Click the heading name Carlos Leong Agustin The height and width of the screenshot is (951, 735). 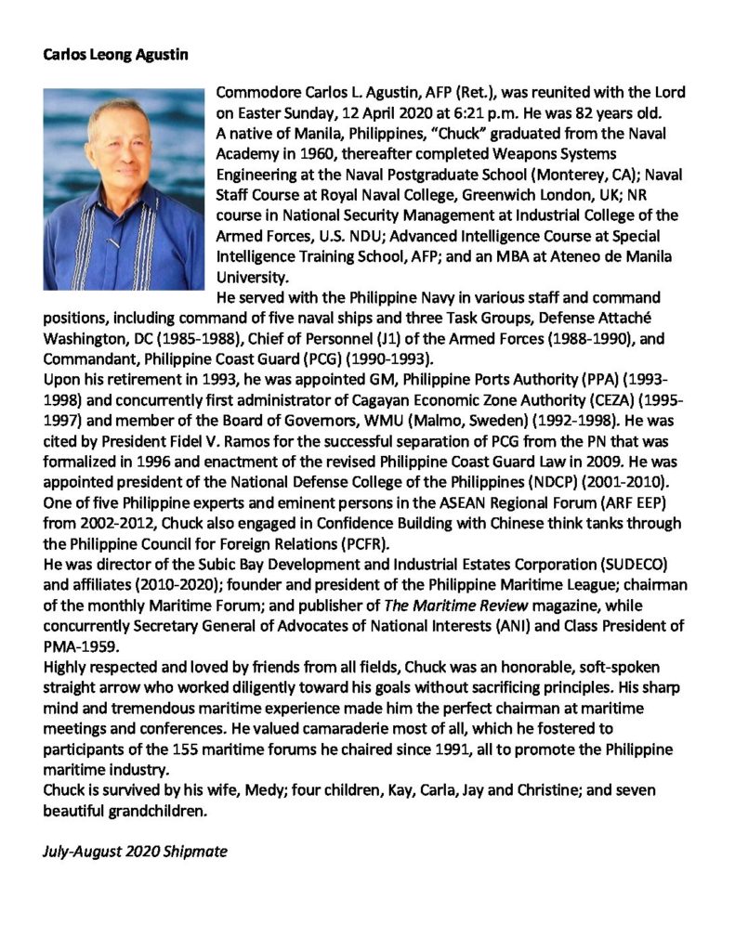pos(116,55)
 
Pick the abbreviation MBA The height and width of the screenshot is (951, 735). pos(522,255)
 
